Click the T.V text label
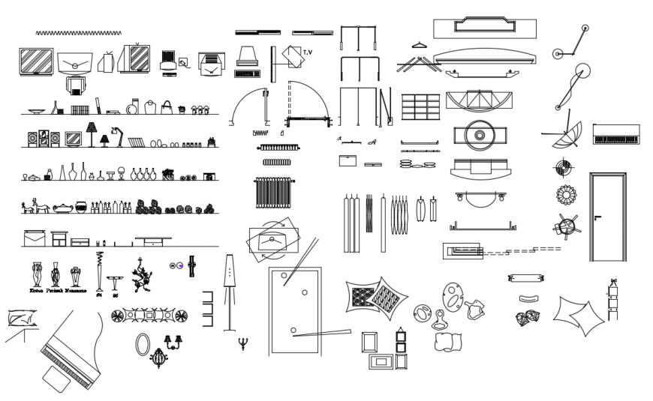click(x=308, y=52)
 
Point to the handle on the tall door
click(x=597, y=218)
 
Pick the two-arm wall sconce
click(x=174, y=343)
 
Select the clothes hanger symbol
click(x=419, y=45)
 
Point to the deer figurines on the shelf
click(x=35, y=205)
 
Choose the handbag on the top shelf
click(x=167, y=107)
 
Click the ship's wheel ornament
click(x=567, y=224)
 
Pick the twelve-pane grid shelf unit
click(x=420, y=106)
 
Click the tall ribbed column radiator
click(x=274, y=193)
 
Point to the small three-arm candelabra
click(x=242, y=344)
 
